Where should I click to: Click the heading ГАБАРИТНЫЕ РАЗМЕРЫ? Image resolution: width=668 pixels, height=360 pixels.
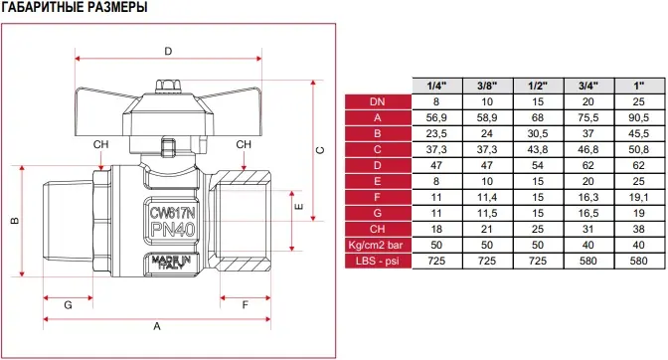[x=75, y=7]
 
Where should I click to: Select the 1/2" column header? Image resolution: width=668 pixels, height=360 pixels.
[x=538, y=86]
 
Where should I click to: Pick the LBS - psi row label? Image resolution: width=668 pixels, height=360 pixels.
[x=378, y=261]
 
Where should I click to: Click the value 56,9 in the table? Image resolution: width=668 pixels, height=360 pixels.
[x=436, y=117]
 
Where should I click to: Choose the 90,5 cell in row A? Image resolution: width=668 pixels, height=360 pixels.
[x=638, y=117]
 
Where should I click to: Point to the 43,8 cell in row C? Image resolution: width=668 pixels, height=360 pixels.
[x=538, y=149]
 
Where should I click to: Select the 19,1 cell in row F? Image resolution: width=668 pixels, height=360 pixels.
[x=638, y=197]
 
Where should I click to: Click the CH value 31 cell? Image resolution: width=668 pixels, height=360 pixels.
[x=587, y=229]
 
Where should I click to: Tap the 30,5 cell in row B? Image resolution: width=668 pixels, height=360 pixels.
[x=538, y=134]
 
